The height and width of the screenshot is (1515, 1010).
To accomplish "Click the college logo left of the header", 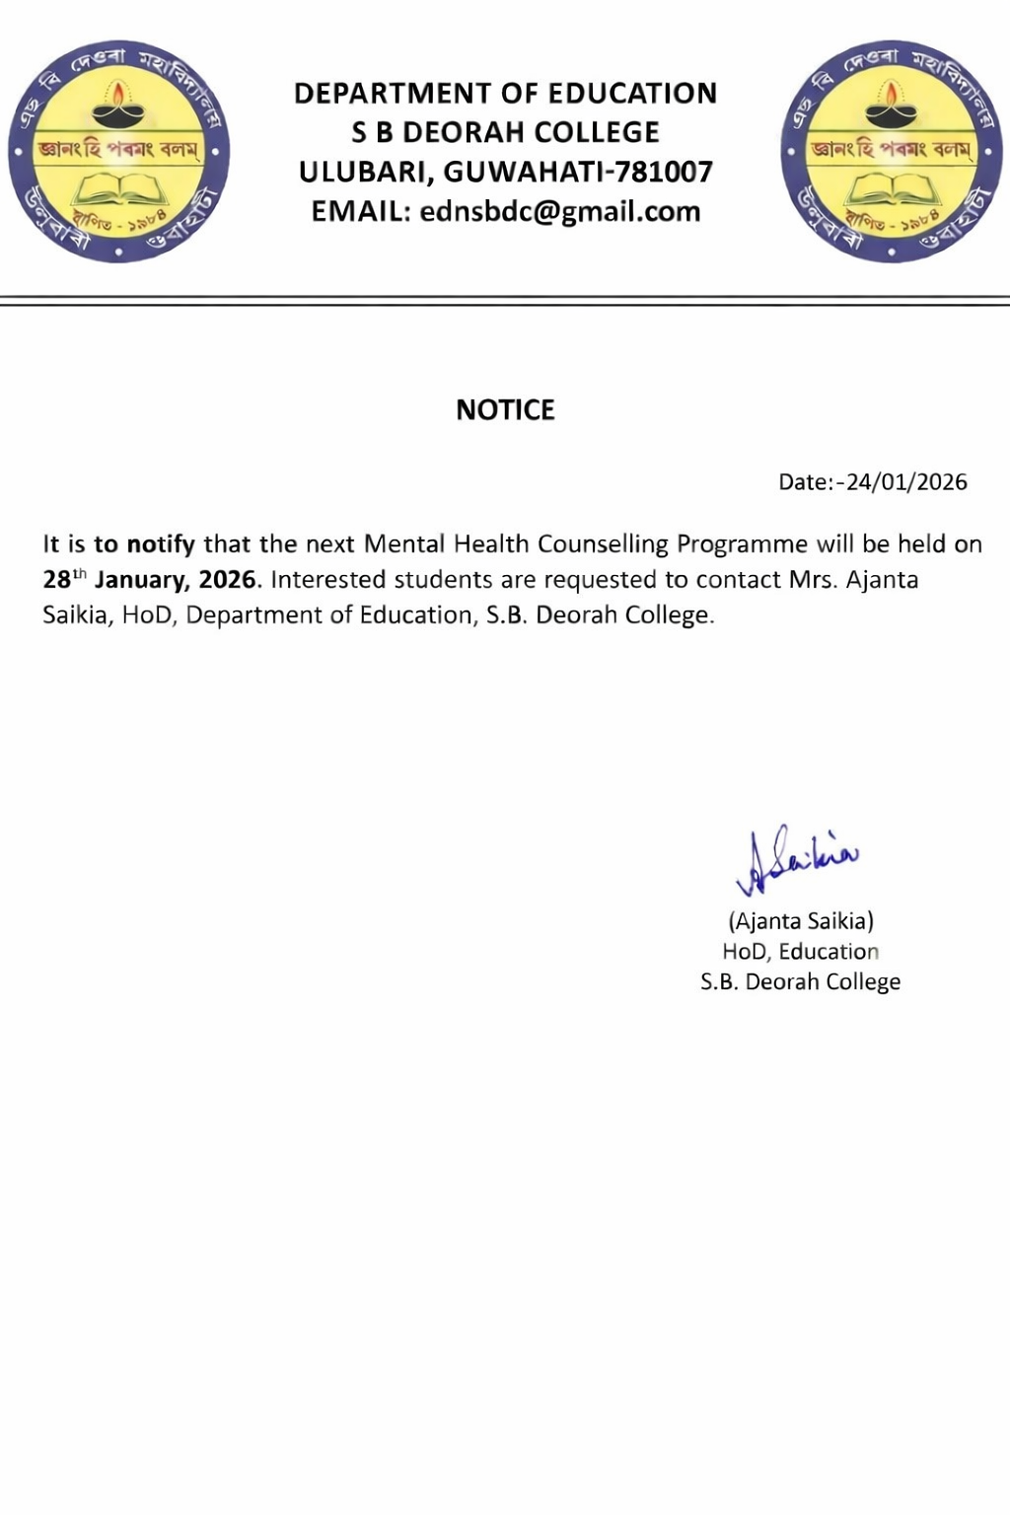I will point(118,151).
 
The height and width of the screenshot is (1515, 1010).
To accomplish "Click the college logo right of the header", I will point(892,151).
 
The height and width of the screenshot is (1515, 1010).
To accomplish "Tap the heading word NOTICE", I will point(505,410).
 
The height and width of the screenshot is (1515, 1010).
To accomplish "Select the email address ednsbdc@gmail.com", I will point(559,212).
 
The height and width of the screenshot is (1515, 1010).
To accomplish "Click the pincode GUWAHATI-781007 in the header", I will point(578,172).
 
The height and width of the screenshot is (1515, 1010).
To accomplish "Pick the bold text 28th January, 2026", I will point(150,579).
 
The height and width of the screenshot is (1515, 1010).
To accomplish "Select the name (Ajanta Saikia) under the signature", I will point(801,921).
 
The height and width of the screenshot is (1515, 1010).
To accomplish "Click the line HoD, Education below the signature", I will point(800,952).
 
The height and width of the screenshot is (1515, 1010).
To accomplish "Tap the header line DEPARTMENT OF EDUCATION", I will point(505,94).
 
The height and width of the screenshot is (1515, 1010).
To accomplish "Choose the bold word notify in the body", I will point(161,544).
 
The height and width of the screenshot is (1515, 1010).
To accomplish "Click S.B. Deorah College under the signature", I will point(800,982).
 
